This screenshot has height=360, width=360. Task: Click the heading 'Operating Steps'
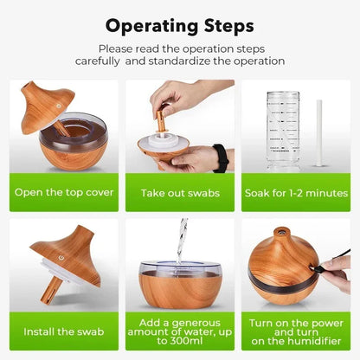coord(179,25)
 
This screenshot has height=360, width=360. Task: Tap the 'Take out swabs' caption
coord(180,192)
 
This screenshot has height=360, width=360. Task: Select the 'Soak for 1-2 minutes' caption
coord(298,192)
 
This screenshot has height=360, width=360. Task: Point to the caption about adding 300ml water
coord(180,331)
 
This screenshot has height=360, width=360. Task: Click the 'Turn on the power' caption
coord(298,331)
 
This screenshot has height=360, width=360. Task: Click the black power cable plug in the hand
coord(327,269)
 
